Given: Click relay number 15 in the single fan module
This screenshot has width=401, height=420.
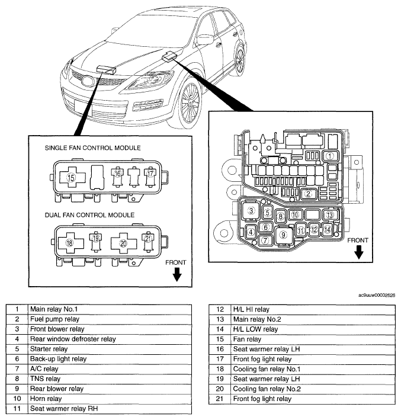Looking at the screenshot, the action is pos(71,177).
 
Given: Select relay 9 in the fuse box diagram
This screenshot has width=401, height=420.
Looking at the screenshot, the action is pos(283,235).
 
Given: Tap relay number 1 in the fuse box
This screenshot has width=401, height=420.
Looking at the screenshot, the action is pos(330,156).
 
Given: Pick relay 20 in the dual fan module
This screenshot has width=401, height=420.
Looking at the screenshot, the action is pos(123,243).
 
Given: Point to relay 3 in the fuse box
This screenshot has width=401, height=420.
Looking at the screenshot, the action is pos(251,210).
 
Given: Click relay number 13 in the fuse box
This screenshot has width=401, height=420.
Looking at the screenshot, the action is pos(330,215).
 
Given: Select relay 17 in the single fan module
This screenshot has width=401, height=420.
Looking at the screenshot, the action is pos(150,176).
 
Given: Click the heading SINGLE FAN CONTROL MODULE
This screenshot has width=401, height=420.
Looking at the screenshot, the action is pos(92,148).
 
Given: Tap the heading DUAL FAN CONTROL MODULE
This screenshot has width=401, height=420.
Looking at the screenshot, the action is pos(89,215).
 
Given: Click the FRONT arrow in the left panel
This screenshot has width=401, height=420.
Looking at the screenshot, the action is pos(177,274).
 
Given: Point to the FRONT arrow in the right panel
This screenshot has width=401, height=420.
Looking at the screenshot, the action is pos(359,252).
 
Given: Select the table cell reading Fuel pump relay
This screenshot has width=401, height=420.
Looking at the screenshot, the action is pos(110,319).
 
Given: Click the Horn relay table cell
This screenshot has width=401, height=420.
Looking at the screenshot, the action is pos(110,399).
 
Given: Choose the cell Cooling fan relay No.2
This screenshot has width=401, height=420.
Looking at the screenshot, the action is pos(313,389).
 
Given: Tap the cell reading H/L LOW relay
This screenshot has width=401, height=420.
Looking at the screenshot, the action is pos(313,329).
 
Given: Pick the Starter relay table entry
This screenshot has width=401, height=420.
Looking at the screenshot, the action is pos(110,349).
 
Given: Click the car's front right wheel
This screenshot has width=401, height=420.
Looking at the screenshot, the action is pos(190,102).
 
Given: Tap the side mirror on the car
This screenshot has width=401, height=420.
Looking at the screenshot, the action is pos(205,40).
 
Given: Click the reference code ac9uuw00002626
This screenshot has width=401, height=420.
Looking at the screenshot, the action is pos(377,295).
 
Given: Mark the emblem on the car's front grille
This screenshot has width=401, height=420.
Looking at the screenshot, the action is pos(88,81).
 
